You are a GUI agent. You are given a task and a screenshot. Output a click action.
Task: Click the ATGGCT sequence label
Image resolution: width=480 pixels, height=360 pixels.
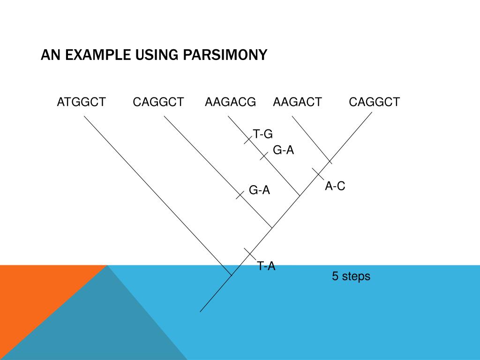click(x=82, y=102)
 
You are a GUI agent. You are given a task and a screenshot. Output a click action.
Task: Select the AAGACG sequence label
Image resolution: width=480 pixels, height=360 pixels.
click(x=231, y=102)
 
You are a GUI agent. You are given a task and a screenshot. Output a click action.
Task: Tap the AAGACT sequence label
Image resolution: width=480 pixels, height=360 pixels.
click(x=298, y=102)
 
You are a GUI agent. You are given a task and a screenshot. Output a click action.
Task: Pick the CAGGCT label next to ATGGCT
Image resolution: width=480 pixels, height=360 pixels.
click(x=158, y=102)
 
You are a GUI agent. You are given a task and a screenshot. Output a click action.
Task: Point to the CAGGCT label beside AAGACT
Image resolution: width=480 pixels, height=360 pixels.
click(x=375, y=102)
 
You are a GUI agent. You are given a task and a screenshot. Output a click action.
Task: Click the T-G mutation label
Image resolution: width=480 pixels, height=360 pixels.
click(x=263, y=135)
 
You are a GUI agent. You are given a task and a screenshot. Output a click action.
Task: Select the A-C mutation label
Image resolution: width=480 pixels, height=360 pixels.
click(x=335, y=186)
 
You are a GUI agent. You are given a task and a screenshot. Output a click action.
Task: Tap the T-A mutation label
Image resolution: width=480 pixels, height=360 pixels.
click(x=266, y=266)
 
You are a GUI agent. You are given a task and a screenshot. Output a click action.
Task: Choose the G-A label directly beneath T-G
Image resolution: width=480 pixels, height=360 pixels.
click(x=284, y=150)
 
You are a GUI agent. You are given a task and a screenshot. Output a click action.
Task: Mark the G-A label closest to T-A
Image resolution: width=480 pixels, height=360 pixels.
click(x=259, y=190)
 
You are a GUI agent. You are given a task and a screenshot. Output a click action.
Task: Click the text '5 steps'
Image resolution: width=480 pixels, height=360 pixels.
click(x=351, y=276)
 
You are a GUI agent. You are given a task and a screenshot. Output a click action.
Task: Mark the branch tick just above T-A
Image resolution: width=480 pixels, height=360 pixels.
click(x=249, y=254)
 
